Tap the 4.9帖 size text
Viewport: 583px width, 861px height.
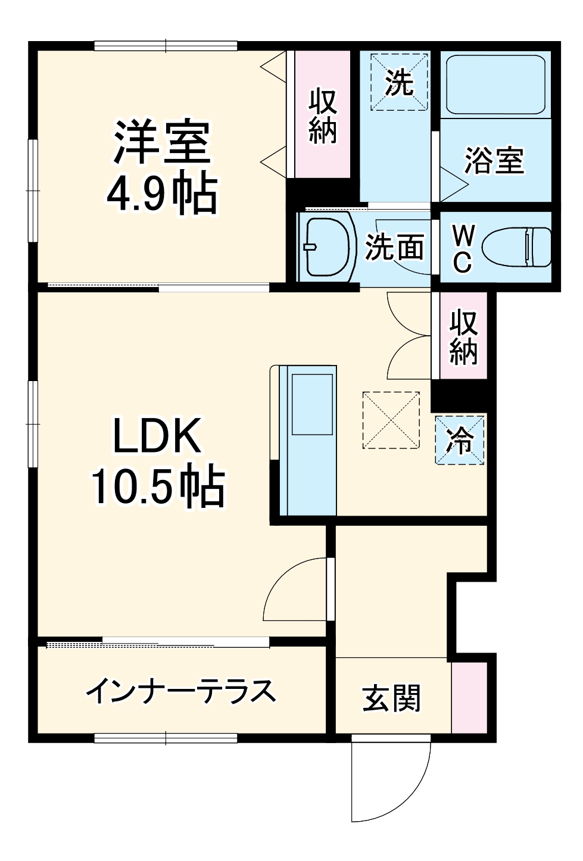click(x=162, y=194)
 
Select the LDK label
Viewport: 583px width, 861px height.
click(x=158, y=436)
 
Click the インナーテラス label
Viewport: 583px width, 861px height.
click(x=180, y=691)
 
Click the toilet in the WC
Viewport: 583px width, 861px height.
click(x=517, y=247)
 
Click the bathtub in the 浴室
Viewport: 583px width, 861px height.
click(x=495, y=85)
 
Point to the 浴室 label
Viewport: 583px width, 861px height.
click(x=494, y=161)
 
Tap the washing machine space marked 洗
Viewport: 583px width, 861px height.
click(x=400, y=82)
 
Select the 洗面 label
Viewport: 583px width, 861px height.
click(x=395, y=247)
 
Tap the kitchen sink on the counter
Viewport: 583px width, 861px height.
click(x=311, y=404)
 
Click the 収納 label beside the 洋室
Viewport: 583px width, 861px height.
click(x=323, y=116)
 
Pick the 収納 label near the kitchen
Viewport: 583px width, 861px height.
click(x=464, y=336)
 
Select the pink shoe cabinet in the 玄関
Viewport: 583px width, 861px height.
click(x=469, y=697)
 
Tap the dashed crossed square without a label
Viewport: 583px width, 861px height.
click(x=391, y=420)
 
